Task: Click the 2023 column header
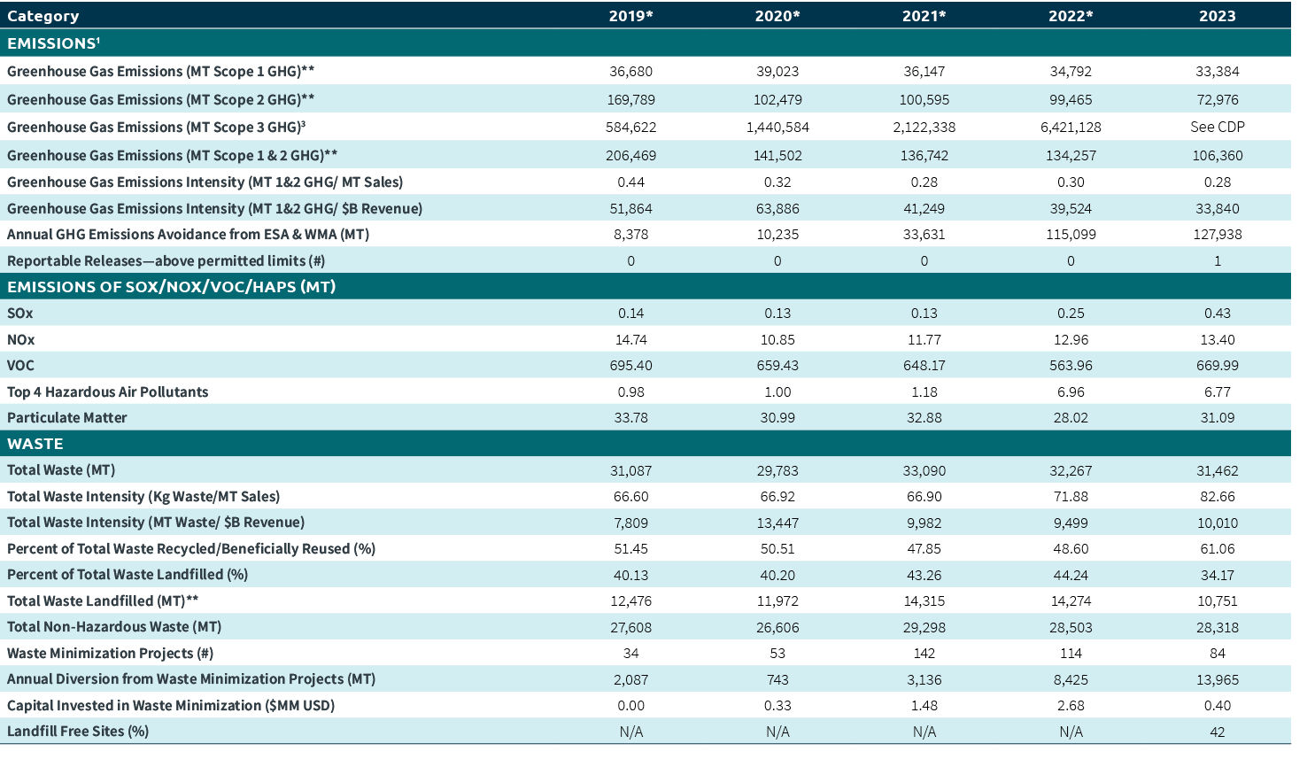coord(1217,16)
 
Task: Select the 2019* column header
coord(630,16)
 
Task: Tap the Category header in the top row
coord(43,16)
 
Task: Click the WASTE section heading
coord(35,444)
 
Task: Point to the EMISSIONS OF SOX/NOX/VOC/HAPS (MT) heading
coord(171,287)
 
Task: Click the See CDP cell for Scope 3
coord(1217,127)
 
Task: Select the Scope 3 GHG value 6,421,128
coord(1071,127)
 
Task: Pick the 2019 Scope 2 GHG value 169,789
coord(630,100)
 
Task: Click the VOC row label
coord(20,365)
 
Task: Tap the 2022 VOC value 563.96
coord(1071,365)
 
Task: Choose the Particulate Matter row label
coord(67,417)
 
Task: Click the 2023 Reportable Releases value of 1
coord(1217,260)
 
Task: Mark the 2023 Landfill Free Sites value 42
coord(1217,732)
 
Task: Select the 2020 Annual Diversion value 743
coord(777,679)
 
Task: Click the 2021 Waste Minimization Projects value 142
coord(924,653)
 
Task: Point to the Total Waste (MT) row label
coord(61,469)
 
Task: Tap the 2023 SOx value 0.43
coord(1217,313)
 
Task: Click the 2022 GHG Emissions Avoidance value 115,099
coord(1071,235)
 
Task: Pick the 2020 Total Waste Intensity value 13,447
coord(777,523)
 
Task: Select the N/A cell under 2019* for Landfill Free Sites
coord(630,732)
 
